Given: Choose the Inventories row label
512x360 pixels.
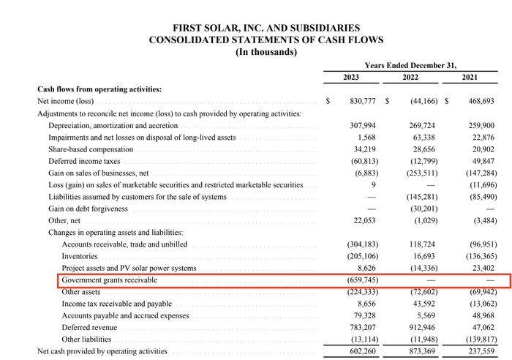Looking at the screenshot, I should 80,256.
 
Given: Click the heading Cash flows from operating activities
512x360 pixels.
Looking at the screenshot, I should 99,89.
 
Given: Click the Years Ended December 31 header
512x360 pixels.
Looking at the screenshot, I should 415,64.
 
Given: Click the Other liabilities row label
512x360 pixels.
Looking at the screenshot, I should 87,340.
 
